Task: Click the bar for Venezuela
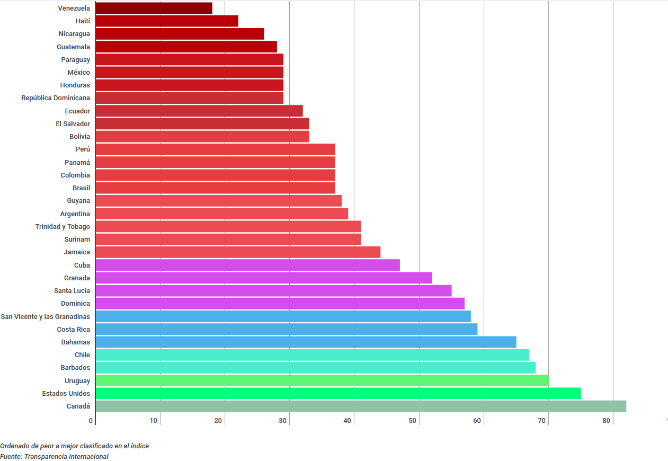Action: point(154,8)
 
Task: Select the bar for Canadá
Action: point(360,406)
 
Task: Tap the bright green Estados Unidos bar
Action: point(338,393)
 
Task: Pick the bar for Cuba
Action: point(247,265)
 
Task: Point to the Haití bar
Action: point(167,21)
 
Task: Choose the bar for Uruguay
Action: point(322,380)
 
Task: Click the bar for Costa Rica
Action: point(286,329)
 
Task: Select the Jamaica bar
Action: point(238,252)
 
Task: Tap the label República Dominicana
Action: point(56,98)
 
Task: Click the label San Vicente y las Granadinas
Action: point(46,316)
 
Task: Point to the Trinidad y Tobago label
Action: point(63,227)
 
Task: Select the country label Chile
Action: point(82,355)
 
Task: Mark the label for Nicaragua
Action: point(74,34)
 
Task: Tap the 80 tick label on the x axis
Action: point(607,421)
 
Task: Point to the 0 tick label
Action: point(91,421)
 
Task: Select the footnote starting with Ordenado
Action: point(75,446)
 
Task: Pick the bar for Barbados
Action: point(315,368)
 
